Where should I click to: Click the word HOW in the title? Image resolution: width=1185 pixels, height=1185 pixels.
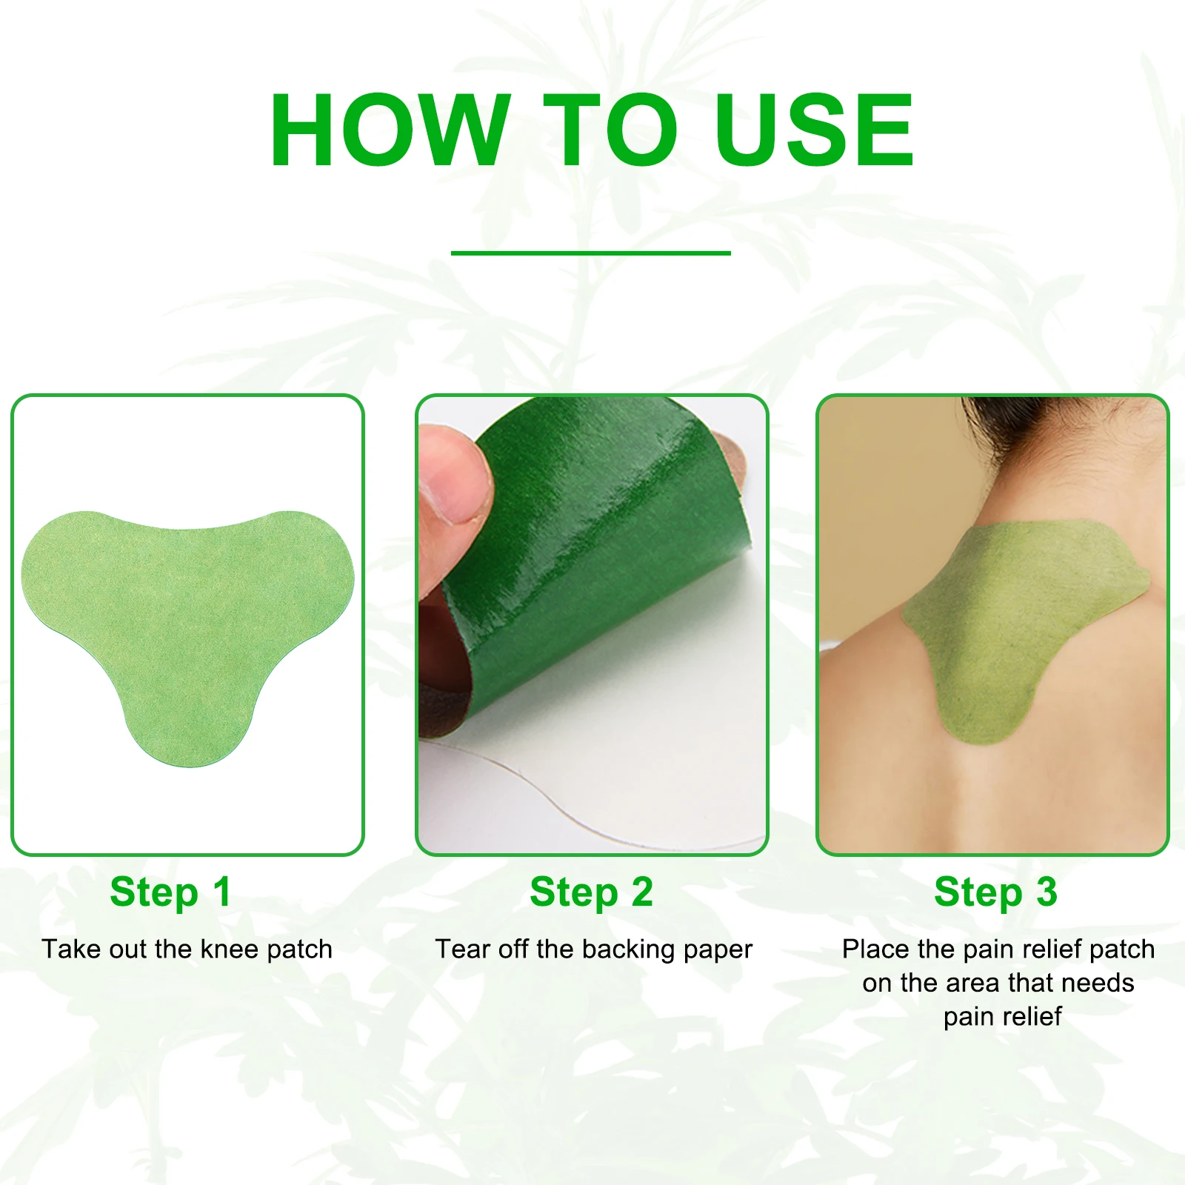[x=390, y=130]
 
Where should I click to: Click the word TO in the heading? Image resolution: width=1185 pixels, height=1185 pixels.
[x=609, y=130]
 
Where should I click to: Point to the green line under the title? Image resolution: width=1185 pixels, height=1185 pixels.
[x=590, y=253]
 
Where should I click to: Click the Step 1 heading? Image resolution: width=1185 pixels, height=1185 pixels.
[x=170, y=892]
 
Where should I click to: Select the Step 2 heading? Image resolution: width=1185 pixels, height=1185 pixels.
[x=591, y=892]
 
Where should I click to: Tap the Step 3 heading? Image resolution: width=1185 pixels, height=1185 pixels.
[x=995, y=892]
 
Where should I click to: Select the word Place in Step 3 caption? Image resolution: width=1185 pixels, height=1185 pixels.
[x=875, y=949]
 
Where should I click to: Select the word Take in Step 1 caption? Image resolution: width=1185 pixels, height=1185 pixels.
[x=68, y=949]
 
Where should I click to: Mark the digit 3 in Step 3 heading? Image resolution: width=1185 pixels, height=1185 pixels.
[x=1046, y=892]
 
